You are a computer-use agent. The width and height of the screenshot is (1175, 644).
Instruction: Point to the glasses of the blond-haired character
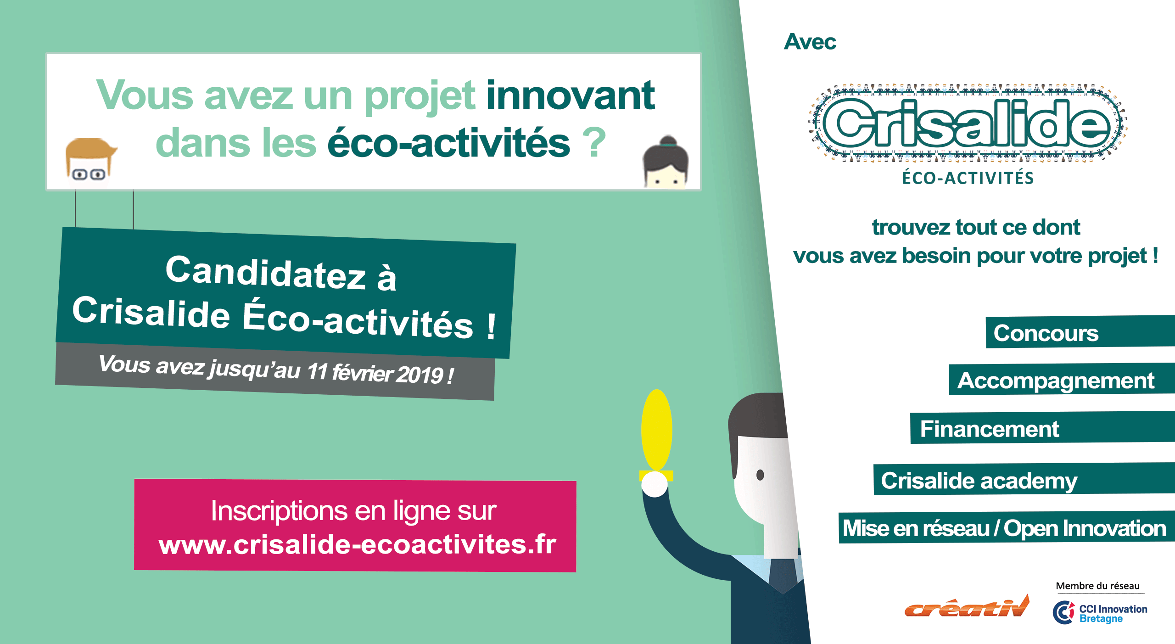tap(89, 174)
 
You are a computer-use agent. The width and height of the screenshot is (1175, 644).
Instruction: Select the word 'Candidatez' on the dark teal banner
tap(265, 274)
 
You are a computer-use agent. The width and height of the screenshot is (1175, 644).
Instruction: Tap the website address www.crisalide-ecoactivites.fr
tap(357, 544)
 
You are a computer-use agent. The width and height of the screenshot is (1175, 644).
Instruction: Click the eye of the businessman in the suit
tap(760, 475)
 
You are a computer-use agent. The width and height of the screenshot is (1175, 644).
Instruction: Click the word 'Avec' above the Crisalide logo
tap(810, 42)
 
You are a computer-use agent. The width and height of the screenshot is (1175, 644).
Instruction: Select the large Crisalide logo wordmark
tap(967, 123)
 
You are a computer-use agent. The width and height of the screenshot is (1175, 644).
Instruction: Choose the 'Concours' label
tap(1046, 333)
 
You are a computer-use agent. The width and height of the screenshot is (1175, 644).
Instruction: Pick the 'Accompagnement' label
tap(1056, 381)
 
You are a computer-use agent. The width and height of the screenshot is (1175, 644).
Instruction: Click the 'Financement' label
tap(990, 429)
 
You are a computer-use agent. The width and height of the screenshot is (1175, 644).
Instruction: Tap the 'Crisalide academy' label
tap(979, 481)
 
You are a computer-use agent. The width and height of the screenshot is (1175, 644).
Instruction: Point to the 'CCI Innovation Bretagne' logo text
tap(1113, 613)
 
